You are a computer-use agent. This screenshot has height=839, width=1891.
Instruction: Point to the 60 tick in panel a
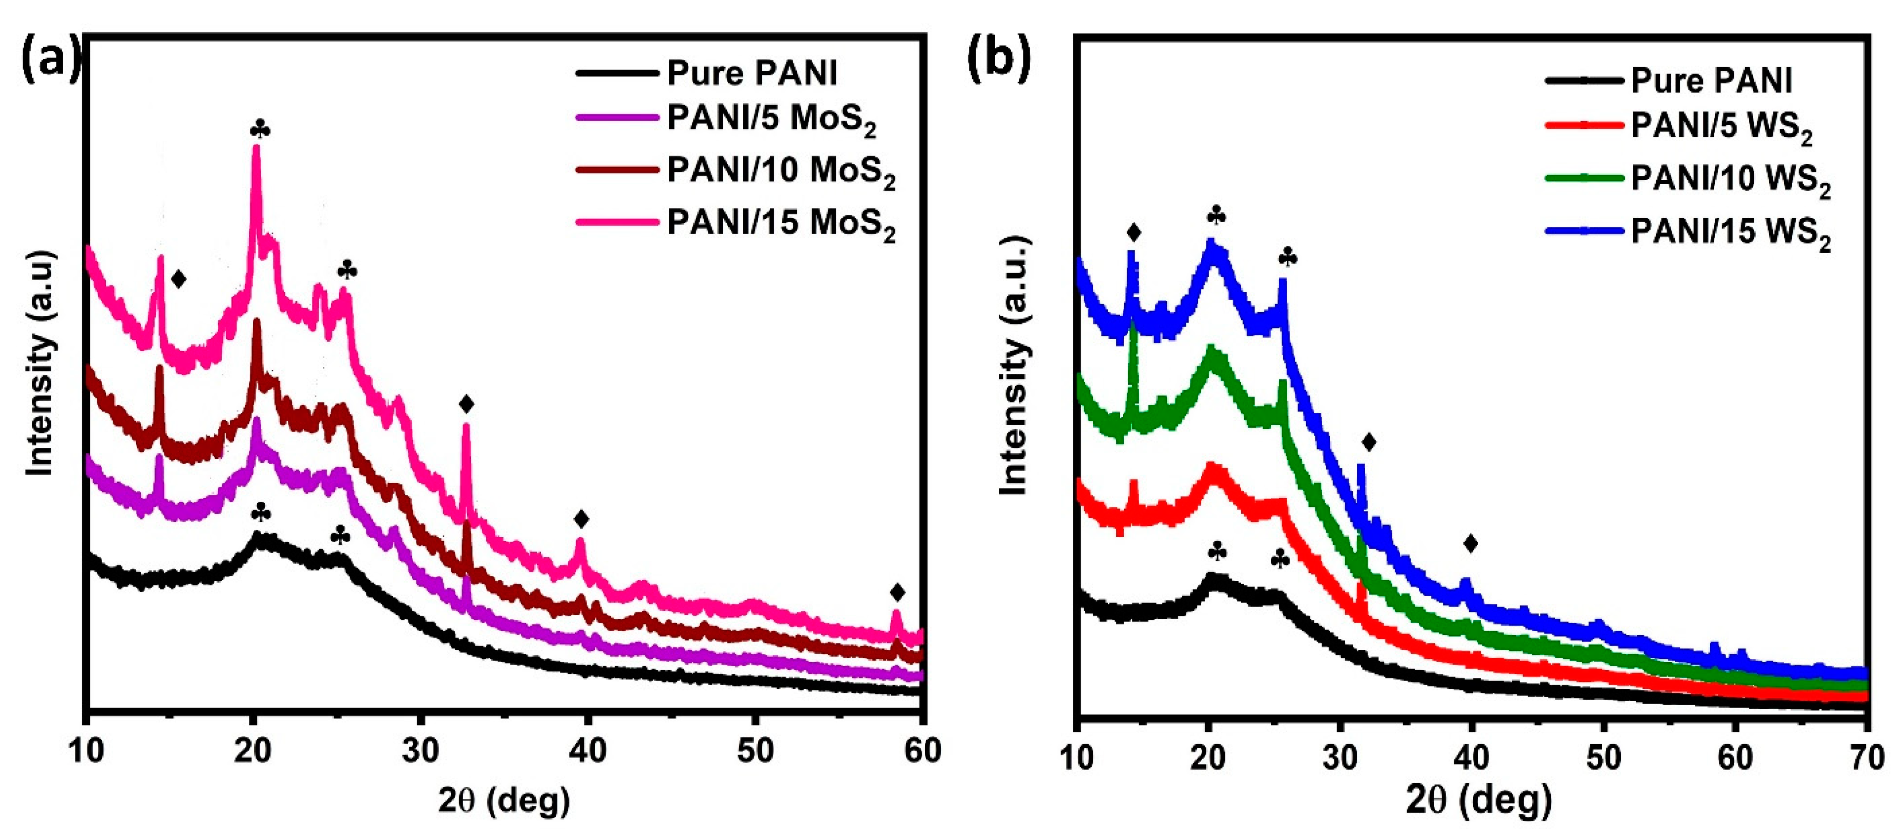(x=922, y=750)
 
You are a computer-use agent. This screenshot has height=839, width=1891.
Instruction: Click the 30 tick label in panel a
(x=421, y=750)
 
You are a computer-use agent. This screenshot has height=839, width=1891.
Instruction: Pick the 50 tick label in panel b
(x=1603, y=757)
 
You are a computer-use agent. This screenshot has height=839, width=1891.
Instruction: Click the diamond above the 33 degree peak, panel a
(x=466, y=404)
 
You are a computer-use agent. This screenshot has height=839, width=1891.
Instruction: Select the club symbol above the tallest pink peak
(x=260, y=130)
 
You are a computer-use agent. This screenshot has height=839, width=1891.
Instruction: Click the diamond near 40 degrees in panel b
(x=1470, y=543)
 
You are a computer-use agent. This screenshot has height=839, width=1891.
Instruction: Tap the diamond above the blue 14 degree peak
(x=1134, y=233)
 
